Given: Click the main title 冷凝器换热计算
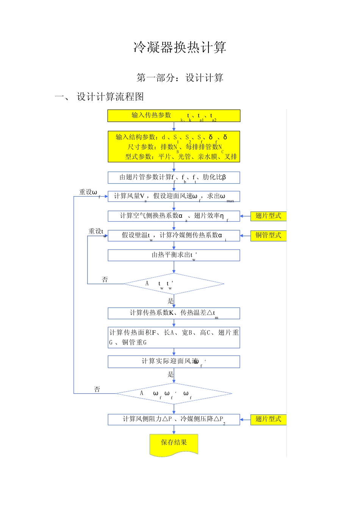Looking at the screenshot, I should [x=180, y=48].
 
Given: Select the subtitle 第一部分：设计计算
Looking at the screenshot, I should [x=180, y=78].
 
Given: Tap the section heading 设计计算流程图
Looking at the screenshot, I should [x=110, y=97].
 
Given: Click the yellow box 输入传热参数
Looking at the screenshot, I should [x=174, y=116].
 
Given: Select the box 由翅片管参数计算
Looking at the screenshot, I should [x=174, y=178].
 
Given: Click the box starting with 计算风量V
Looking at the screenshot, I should [x=174, y=197].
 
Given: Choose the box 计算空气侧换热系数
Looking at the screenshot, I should [x=174, y=216].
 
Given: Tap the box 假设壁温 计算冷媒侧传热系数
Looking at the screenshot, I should [x=174, y=236].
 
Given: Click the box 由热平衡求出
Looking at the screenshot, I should [x=174, y=255].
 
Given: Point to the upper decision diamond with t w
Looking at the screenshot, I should [x=174, y=284].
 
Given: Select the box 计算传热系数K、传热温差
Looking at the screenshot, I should [x=174, y=313].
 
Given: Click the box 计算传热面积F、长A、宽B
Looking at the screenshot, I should [x=174, y=337].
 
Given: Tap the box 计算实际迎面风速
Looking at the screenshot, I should [x=174, y=362].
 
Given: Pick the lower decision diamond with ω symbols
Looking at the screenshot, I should [x=174, y=393].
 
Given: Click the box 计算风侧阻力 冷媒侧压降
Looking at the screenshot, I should [x=174, y=419].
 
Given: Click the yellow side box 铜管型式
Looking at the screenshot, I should [x=268, y=236].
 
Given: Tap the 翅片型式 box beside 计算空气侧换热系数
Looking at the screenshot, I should [x=268, y=216].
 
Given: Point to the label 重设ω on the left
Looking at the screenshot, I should [x=89, y=192].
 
